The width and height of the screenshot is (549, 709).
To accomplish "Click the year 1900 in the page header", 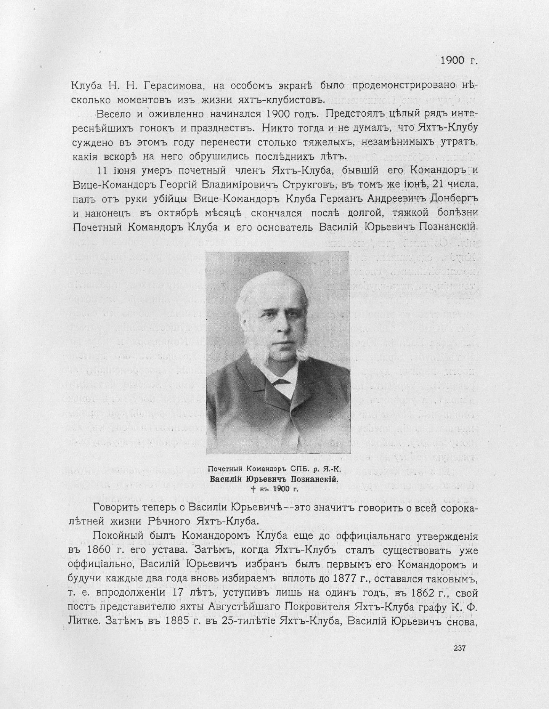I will [453, 60].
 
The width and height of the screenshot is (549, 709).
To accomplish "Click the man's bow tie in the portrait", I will [280, 382].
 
